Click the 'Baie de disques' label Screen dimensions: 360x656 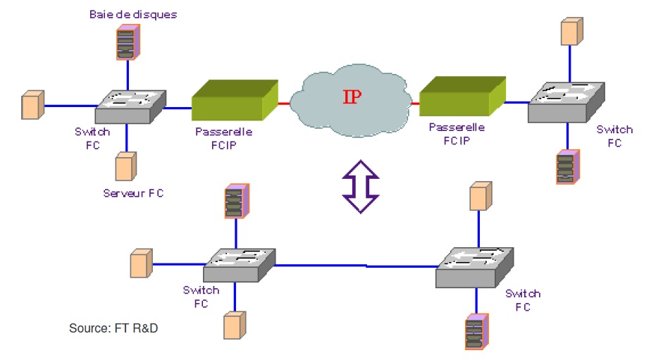(x=132, y=14)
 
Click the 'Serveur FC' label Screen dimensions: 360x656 (x=133, y=192)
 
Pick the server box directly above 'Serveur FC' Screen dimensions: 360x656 (x=125, y=166)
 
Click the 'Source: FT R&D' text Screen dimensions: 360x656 (x=113, y=328)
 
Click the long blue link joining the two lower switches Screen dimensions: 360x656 (x=355, y=266)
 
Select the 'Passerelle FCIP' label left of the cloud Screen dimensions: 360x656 (x=223, y=137)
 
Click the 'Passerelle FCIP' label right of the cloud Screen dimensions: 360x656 (x=457, y=133)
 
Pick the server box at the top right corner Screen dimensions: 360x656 (x=571, y=32)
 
